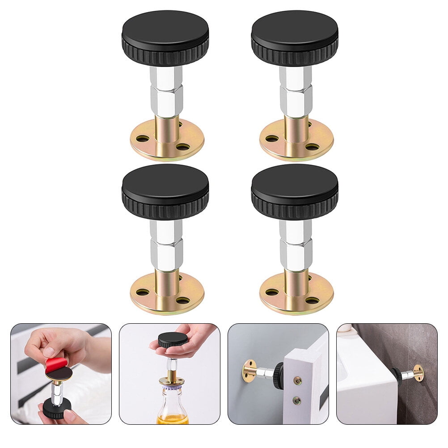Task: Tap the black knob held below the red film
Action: pyautogui.click(x=57, y=407)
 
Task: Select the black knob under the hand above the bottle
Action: pyautogui.click(x=173, y=340)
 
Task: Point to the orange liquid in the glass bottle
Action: pyautogui.click(x=172, y=419)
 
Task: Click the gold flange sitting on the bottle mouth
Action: pyautogui.click(x=172, y=381)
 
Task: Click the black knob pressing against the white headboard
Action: pyautogui.click(x=279, y=376)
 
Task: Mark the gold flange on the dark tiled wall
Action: pyautogui.click(x=418, y=372)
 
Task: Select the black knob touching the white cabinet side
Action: pyautogui.click(x=397, y=376)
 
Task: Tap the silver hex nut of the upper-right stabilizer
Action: pyautogui.click(x=296, y=101)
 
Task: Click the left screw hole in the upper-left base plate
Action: pyautogui.click(x=142, y=139)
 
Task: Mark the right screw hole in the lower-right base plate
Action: pyautogui.click(x=312, y=300)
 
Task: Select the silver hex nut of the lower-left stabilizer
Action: pyautogui.click(x=166, y=254)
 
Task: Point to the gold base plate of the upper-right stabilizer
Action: pyautogui.click(x=296, y=143)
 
